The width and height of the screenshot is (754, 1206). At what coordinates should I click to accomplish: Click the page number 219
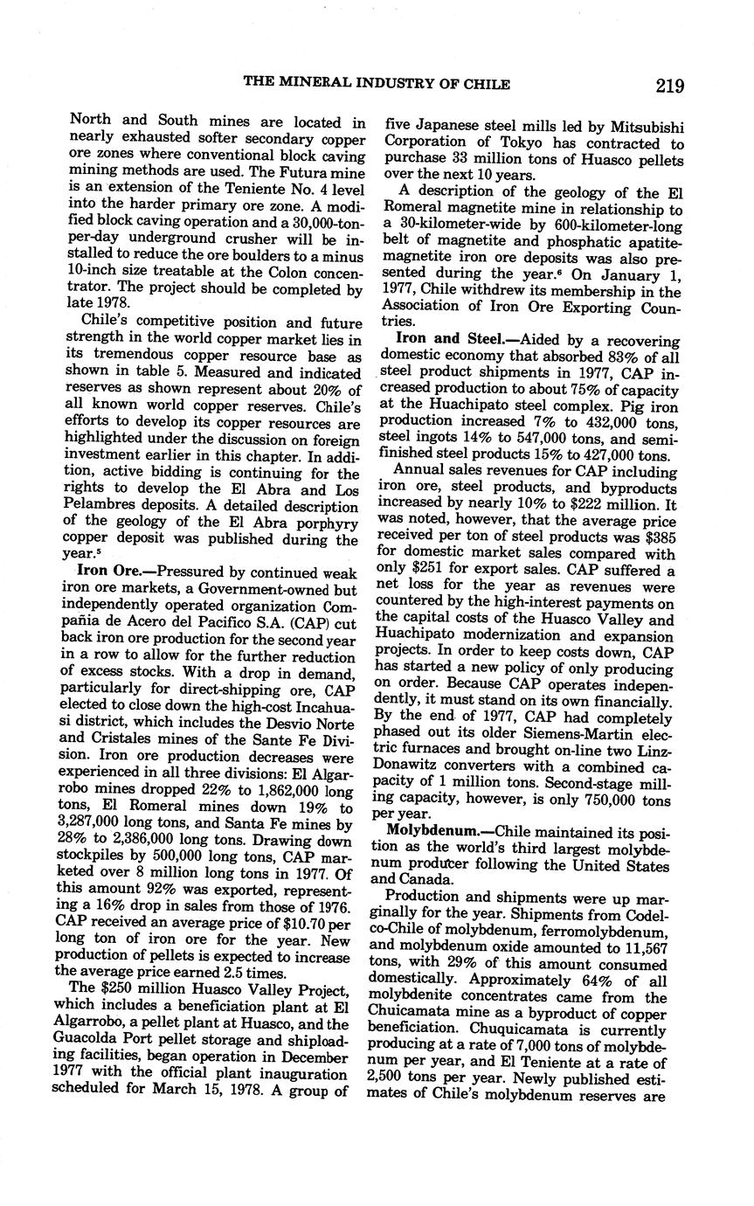pyautogui.click(x=667, y=85)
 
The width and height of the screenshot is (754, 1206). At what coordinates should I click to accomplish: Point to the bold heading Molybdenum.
pyautogui.click(x=439, y=828)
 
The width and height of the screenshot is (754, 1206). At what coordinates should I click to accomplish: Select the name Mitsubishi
pyautogui.click(x=642, y=127)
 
